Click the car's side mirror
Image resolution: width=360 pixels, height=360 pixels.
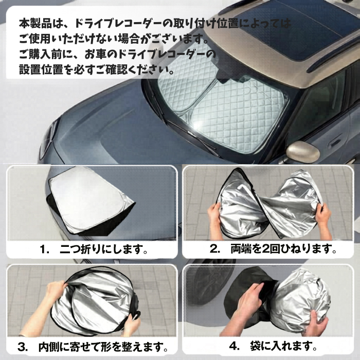302,152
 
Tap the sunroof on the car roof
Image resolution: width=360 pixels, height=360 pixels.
296,30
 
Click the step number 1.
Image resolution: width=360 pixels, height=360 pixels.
44,249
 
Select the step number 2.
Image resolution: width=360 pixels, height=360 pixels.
214,249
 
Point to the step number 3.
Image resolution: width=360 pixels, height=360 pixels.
23,347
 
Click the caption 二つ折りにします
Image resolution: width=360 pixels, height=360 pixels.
103,249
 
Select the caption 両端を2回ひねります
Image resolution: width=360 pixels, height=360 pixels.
283,249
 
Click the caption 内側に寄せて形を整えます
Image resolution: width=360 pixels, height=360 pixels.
103,347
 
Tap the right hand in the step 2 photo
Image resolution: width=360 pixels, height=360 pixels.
323,219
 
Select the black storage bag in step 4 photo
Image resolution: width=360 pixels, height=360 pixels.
248,296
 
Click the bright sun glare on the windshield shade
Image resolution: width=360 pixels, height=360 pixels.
197,125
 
